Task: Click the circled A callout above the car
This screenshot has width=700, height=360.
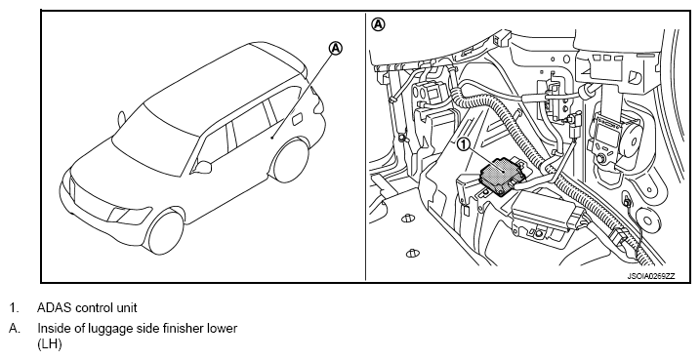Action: point(336,48)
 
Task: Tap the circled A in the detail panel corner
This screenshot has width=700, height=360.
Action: point(378,24)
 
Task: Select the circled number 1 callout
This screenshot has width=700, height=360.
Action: point(464,144)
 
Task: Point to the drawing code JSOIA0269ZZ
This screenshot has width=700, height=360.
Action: point(651,276)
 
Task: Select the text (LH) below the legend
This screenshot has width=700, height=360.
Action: point(49,344)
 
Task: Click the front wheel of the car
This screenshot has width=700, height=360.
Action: point(166,232)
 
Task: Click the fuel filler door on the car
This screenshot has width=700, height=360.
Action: point(297,119)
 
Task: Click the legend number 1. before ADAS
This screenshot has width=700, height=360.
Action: point(15,308)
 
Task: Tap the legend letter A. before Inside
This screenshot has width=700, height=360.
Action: point(15,329)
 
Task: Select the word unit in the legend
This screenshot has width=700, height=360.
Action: point(128,308)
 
